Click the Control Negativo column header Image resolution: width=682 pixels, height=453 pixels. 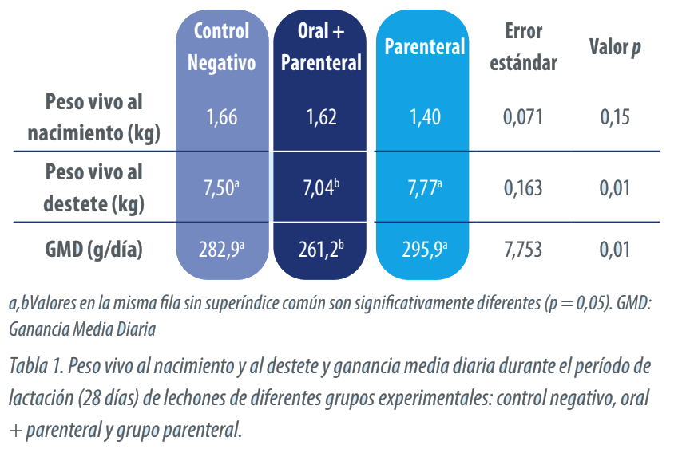pyautogui.click(x=222, y=46)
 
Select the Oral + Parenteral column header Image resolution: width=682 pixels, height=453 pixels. pyautogui.click(x=321, y=46)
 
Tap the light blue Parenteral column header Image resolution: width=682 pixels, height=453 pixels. pyautogui.click(x=425, y=47)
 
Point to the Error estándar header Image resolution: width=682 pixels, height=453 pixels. pyautogui.click(x=523, y=46)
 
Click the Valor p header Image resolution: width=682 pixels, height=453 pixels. pyautogui.click(x=615, y=47)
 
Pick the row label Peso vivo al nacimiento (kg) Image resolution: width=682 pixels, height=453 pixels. pyautogui.click(x=94, y=117)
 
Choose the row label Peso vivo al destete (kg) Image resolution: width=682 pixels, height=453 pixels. pyautogui.click(x=94, y=187)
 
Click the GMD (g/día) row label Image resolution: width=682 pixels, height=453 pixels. pyautogui.click(x=94, y=250)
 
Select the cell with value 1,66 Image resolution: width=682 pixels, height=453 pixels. pyautogui.click(x=222, y=117)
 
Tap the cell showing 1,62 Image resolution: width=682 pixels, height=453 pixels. pyautogui.click(x=321, y=117)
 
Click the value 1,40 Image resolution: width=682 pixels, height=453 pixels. pyautogui.click(x=425, y=117)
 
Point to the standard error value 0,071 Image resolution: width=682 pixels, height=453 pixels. pyautogui.click(x=523, y=117)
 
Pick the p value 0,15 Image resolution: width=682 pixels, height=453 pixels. pyautogui.click(x=615, y=117)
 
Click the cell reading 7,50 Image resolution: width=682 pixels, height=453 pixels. pyautogui.click(x=221, y=188)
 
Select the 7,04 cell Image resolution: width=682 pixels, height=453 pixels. pyautogui.click(x=321, y=188)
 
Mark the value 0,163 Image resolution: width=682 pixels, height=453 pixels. pyautogui.click(x=523, y=188)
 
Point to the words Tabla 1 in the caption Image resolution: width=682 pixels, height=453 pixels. pyautogui.click(x=37, y=366)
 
